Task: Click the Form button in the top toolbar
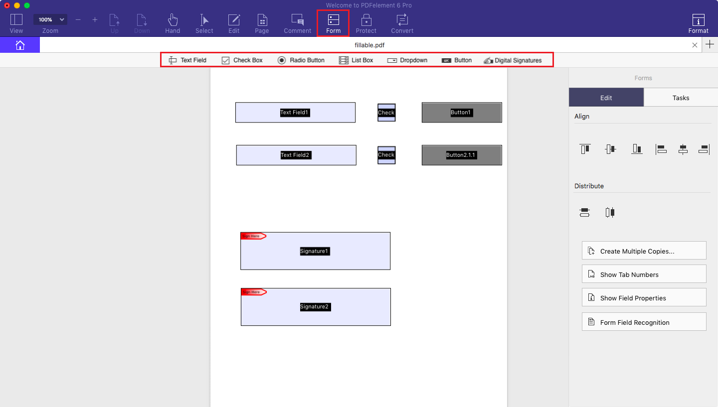tap(333, 23)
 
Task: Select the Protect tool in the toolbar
tap(366, 23)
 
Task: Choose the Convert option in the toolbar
tap(402, 23)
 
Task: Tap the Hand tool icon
tap(173, 23)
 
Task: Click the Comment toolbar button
tap(297, 23)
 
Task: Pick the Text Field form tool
tap(187, 60)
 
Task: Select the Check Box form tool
tap(242, 60)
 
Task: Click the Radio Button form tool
tap(301, 60)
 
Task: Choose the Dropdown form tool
tap(407, 60)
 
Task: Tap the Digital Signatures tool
tap(513, 60)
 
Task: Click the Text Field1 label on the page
tap(295, 113)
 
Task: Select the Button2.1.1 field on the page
tap(461, 155)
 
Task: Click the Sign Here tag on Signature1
tap(253, 236)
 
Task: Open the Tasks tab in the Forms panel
tap(681, 98)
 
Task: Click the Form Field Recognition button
tap(644, 322)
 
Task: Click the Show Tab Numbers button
tap(644, 274)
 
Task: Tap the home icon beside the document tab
tap(20, 45)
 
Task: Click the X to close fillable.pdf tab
tap(695, 45)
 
